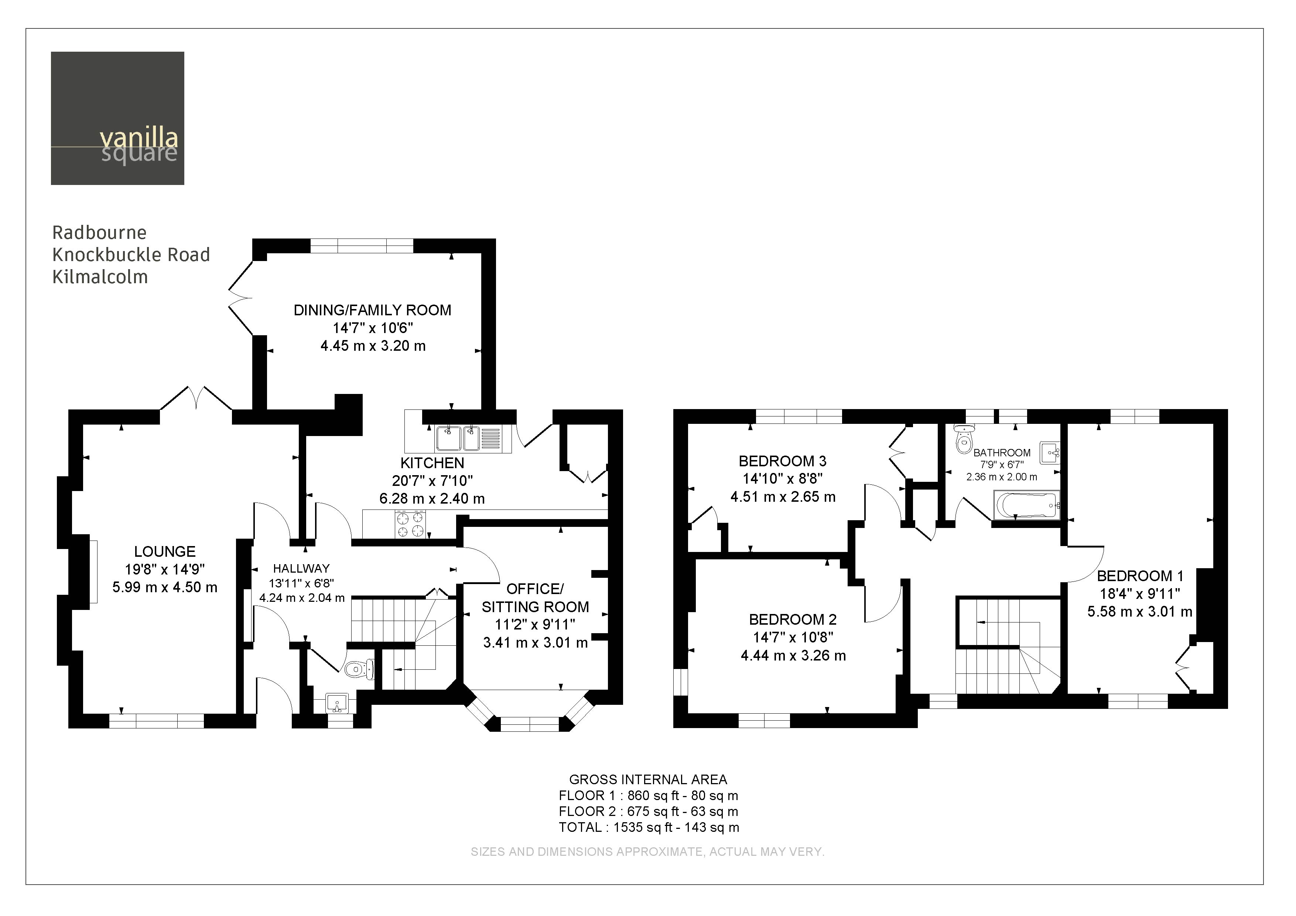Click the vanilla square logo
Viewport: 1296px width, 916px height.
(117, 119)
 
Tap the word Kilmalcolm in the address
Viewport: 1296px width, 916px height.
(100, 277)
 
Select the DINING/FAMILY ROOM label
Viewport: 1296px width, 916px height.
(373, 310)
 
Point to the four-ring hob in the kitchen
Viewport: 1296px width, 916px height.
(410, 524)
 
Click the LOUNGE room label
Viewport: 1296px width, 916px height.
(165, 551)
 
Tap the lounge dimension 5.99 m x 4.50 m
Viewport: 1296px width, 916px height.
(165, 587)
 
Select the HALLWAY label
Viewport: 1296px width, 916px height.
(301, 568)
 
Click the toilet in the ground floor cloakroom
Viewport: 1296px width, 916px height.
(358, 669)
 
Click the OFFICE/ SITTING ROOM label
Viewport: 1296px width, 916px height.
(535, 598)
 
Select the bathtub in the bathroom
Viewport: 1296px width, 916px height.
(1026, 505)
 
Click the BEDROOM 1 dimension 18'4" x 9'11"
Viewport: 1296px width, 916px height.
(1140, 594)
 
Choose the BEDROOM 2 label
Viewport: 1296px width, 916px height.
(793, 619)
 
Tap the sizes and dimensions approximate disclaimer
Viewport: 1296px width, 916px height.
(647, 852)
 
